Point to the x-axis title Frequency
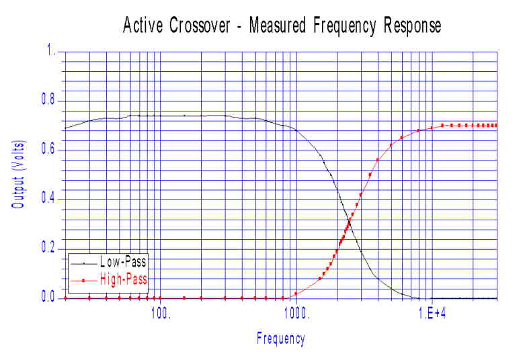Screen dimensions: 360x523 coord(280,339)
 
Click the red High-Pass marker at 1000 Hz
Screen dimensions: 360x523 coord(295,294)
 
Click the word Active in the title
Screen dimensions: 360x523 coord(143,26)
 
